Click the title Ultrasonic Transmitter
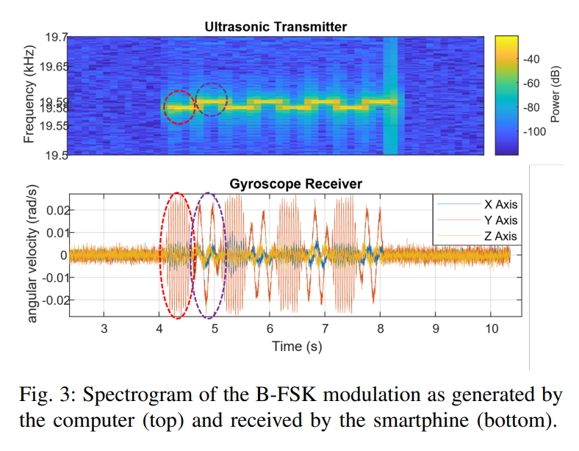pyautogui.click(x=276, y=27)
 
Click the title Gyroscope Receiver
pyautogui.click(x=295, y=184)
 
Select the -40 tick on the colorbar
pyautogui.click(x=531, y=59)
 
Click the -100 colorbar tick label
pyautogui.click(x=533, y=133)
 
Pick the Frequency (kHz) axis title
pyautogui.click(x=29, y=95)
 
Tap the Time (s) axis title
pyautogui.click(x=296, y=345)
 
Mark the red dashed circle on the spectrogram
pyautogui.click(x=179, y=107)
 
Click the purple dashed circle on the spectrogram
pyautogui.click(x=212, y=99)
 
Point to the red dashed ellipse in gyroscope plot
pyautogui.click(x=176, y=255)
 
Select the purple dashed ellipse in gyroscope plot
pyautogui.click(x=209, y=255)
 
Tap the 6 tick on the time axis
pyautogui.click(x=270, y=328)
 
